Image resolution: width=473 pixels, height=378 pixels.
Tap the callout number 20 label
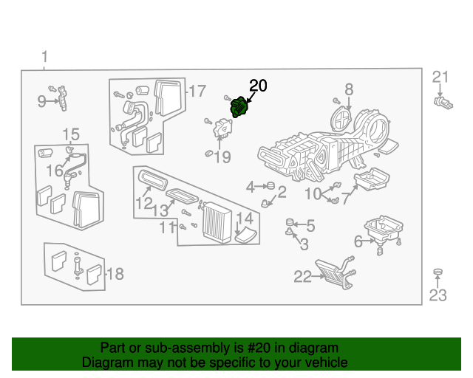[x=257, y=85]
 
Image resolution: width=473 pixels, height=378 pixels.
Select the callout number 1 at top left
[x=44, y=57]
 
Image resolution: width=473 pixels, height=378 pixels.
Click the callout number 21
[x=440, y=77]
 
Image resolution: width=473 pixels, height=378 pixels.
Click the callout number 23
[x=438, y=297]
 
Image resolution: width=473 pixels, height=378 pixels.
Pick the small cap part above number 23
[x=438, y=275]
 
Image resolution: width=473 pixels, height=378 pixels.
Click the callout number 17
[x=197, y=92]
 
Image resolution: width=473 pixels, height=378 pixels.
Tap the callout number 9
[x=42, y=102]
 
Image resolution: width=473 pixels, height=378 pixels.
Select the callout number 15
[x=70, y=134]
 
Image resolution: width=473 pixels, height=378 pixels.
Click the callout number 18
[x=115, y=275]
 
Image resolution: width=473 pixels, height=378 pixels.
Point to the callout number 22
[x=303, y=277]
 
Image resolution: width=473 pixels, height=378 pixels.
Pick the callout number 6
[x=358, y=241]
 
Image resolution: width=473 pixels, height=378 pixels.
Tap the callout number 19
[x=222, y=157]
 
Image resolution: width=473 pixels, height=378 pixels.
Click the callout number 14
[x=245, y=219]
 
